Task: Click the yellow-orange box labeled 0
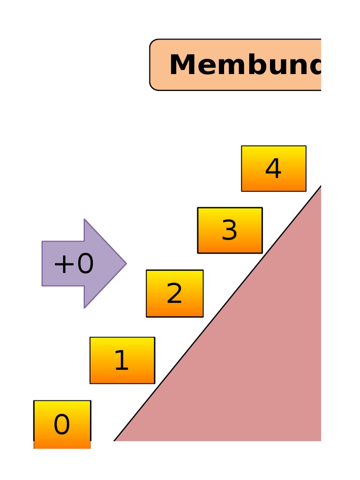[62, 424]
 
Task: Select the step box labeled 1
[122, 360]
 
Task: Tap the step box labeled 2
[174, 293]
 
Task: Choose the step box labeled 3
[230, 230]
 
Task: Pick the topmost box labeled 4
[273, 168]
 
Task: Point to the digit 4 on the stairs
[273, 169]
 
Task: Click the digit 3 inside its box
[230, 231]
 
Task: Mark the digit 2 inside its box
[174, 294]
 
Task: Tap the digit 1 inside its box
[121, 361]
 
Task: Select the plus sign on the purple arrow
[63, 264]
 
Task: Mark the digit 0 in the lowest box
[62, 426]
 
